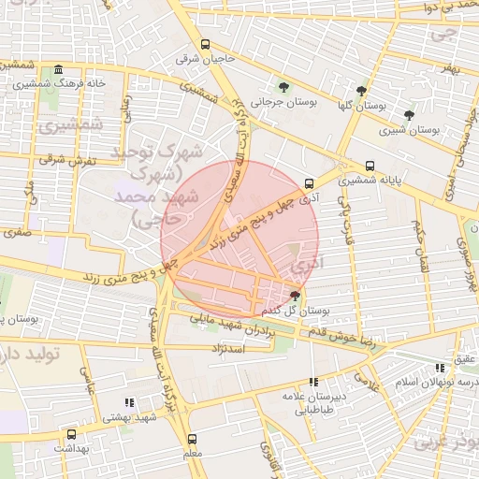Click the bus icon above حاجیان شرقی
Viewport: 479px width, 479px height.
205,44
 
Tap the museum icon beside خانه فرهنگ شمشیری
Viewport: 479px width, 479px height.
59,70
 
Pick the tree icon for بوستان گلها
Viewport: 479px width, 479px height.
361,91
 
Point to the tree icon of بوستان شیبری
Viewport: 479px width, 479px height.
409,115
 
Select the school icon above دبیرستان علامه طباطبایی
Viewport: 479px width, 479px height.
313,382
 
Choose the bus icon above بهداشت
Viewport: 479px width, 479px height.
72,435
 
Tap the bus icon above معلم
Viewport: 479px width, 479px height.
193,439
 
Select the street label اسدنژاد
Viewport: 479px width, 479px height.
229,348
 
